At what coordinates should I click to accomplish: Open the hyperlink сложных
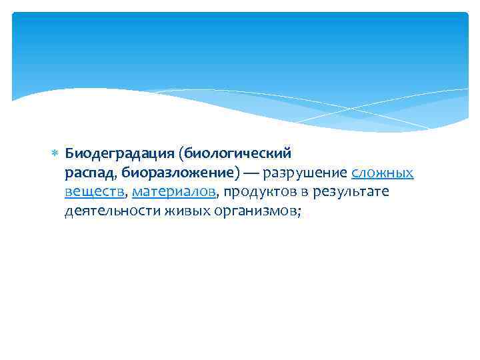click(382, 173)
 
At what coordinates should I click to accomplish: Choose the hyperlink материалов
click(174, 192)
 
